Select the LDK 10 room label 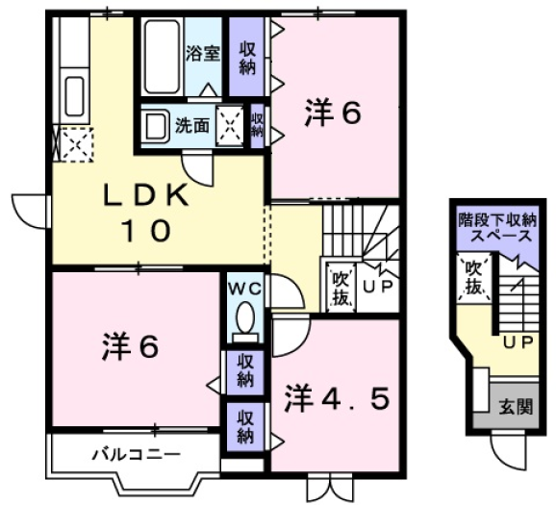point(144,211)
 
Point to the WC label point(245,288)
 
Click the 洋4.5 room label point(336,397)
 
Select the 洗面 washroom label point(191,126)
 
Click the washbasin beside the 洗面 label point(155,125)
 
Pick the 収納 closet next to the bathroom point(247,58)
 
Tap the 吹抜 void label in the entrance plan point(475,276)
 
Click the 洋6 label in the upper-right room point(334,114)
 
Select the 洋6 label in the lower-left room point(129,346)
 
